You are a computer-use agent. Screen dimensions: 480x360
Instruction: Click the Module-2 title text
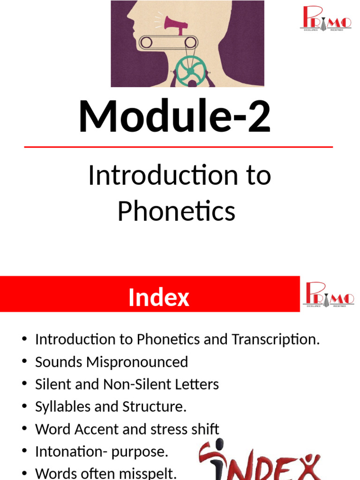[174, 117]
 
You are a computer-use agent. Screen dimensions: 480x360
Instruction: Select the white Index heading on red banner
[158, 298]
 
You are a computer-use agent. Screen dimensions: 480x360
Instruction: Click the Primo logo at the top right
[327, 19]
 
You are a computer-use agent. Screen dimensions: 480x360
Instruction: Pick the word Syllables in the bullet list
[63, 407]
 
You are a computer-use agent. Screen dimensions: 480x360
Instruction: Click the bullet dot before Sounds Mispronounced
[24, 362]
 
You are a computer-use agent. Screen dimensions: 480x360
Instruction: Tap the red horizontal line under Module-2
[178, 147]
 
